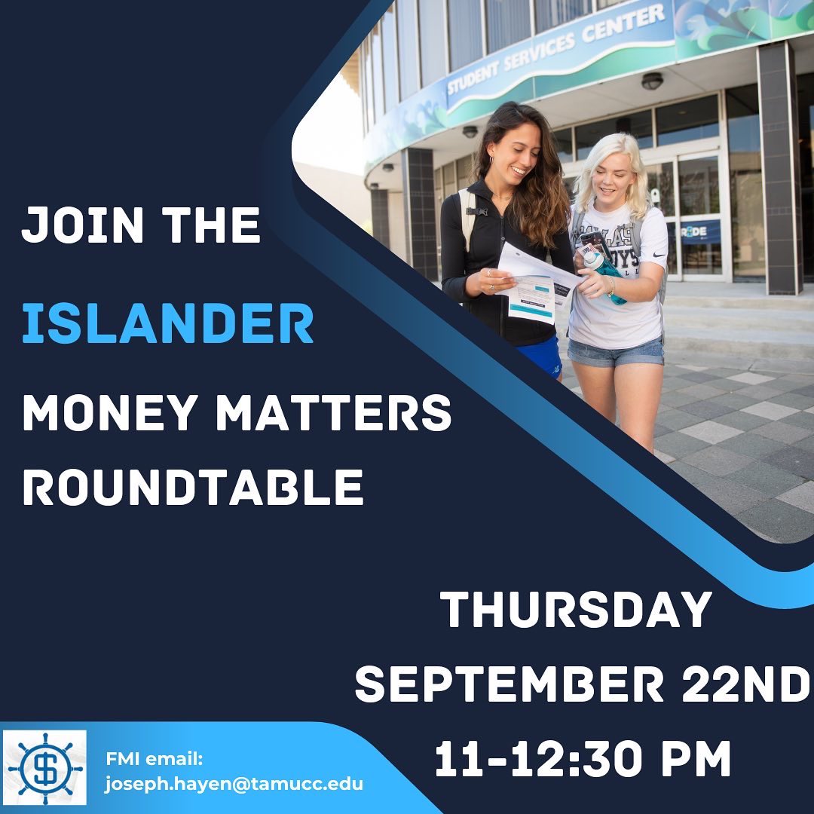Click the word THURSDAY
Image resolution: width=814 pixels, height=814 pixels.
576,610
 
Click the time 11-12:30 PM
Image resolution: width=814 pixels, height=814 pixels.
583,759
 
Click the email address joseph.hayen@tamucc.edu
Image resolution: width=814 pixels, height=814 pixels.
234,784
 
